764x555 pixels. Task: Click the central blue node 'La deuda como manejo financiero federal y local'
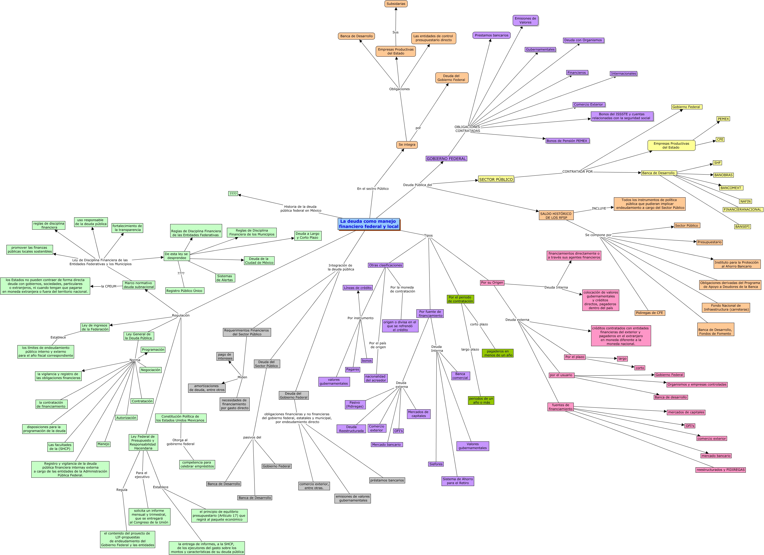point(368,224)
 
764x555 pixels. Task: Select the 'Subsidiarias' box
point(396,4)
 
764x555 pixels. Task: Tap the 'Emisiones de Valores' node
point(525,20)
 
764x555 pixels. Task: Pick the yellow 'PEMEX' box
point(723,119)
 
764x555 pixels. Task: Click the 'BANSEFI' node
point(742,226)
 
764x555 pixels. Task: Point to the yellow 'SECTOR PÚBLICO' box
point(496,179)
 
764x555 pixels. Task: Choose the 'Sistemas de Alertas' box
point(225,278)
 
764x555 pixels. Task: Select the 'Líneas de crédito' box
point(358,288)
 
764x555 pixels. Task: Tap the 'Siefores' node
point(436,464)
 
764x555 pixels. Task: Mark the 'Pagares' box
point(352,369)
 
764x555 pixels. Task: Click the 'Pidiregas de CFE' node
point(649,313)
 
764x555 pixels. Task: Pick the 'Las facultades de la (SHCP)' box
point(60,447)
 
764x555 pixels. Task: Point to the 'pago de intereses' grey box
point(225,356)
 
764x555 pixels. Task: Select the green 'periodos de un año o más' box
point(481,400)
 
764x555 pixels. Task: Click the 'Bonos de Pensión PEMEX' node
point(567,141)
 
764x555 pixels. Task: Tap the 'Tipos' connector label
point(428,236)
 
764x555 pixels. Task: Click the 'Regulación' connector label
point(181,315)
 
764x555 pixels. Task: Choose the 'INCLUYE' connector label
point(599,208)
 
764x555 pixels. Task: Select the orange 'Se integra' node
point(407,145)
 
